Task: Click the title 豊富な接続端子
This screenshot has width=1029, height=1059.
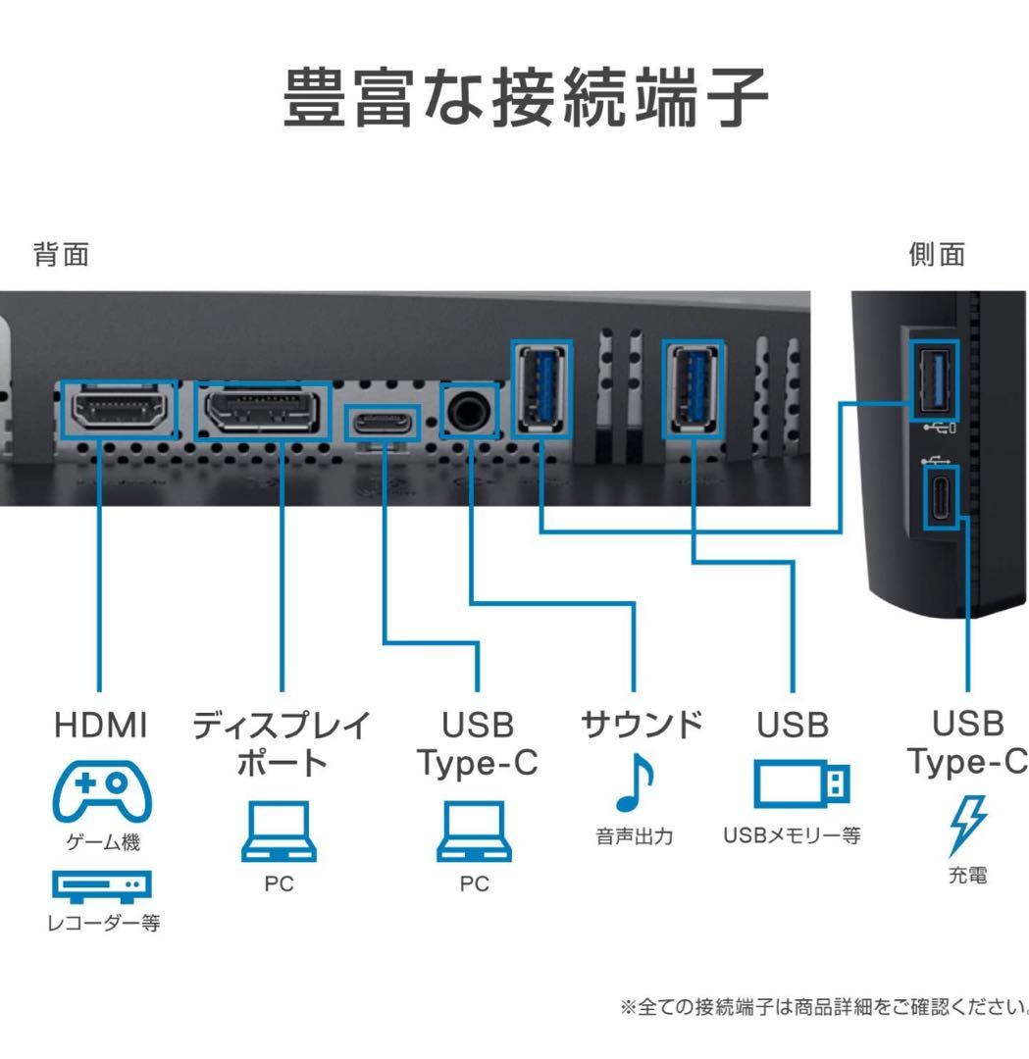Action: [526, 99]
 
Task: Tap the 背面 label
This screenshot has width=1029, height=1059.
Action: [61, 255]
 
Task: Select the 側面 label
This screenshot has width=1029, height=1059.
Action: [937, 255]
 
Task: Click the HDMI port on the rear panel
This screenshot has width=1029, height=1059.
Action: [119, 410]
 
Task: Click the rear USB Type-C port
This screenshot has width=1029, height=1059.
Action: [383, 423]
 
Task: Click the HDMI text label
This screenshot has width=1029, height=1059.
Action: [100, 726]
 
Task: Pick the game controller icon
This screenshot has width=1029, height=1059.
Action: [101, 791]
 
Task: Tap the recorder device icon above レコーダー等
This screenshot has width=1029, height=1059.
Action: [101, 886]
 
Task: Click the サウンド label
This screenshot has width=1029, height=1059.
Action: [642, 726]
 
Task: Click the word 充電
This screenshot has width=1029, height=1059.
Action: [966, 876]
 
